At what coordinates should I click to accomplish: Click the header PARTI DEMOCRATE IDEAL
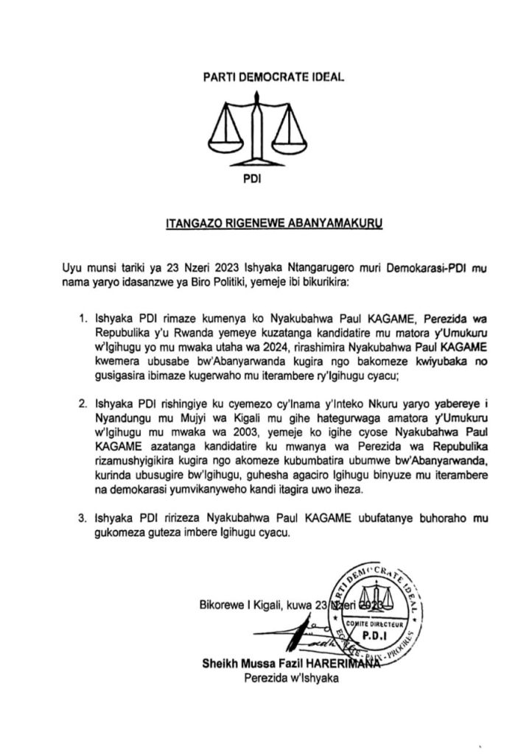pyautogui.click(x=264, y=77)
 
